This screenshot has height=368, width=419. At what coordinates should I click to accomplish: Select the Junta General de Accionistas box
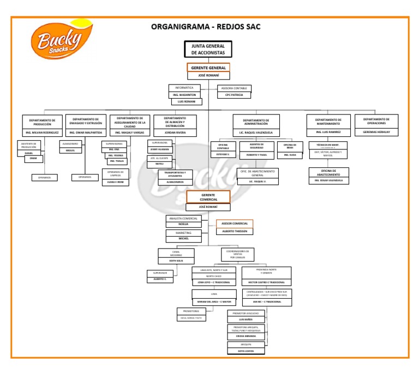click(208, 49)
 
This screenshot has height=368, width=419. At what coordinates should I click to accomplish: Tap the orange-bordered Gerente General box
click(208, 68)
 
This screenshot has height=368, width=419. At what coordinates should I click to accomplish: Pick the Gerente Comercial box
click(208, 197)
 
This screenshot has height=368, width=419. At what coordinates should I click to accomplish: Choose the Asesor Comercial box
click(235, 224)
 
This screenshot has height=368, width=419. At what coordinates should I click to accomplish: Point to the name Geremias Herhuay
click(376, 132)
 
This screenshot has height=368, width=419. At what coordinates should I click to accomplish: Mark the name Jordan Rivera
click(175, 132)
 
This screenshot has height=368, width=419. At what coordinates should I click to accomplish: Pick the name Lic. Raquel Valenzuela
click(256, 132)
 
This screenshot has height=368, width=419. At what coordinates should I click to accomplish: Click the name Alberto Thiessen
click(235, 231)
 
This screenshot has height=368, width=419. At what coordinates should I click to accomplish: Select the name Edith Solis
click(176, 261)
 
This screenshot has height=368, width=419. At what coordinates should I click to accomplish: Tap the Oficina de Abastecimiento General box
click(258, 173)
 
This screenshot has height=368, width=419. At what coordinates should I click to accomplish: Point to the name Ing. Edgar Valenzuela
click(329, 179)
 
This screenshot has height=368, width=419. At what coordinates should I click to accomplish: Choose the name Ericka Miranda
click(246, 336)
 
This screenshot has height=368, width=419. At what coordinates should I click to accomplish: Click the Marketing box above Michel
click(183, 233)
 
